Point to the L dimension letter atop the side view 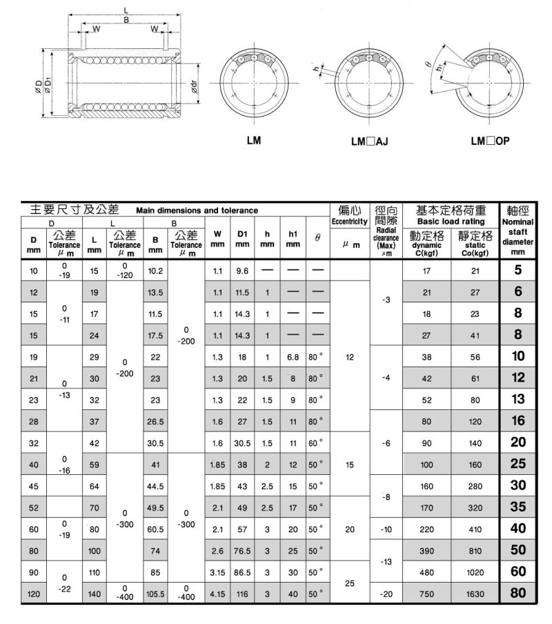tap(125, 10)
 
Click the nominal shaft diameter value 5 tap(518, 271)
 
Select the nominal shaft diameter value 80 tap(518, 592)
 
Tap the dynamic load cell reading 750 tap(426, 593)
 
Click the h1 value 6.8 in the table tap(293, 357)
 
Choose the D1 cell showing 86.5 tap(241, 572)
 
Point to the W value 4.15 tap(217, 593)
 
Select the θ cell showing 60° tap(315, 442)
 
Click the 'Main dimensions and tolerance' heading tap(197, 210)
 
